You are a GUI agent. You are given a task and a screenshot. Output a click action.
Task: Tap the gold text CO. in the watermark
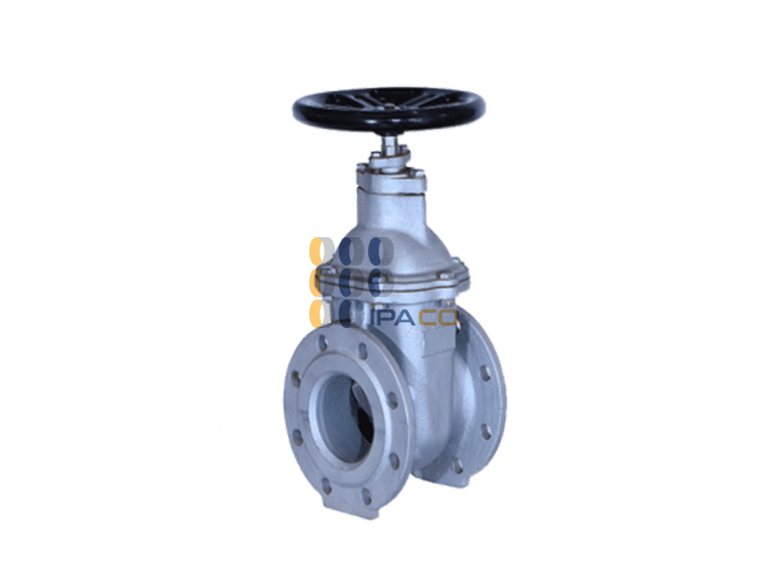[437, 318]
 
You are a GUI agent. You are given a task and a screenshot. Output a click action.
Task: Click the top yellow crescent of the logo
[316, 251]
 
